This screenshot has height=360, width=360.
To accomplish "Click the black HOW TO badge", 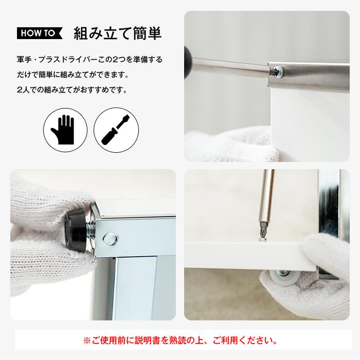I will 39,33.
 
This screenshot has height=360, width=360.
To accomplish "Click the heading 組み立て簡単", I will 118,33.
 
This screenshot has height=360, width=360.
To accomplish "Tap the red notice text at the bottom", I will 180,340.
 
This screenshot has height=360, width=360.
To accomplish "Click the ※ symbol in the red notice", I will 86,340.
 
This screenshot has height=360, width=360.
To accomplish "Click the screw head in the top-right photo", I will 278,71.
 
